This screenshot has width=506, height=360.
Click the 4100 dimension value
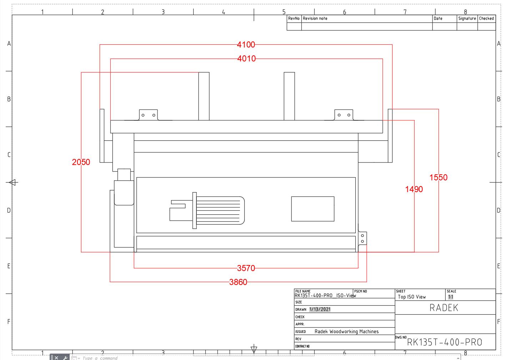coord(246,45)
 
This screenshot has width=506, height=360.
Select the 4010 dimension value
coord(246,59)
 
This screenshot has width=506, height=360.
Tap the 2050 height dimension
coord(81,162)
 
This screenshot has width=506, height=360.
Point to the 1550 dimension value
coord(438,177)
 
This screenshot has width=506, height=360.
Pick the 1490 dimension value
coord(414,189)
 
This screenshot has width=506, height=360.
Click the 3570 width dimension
coord(246,268)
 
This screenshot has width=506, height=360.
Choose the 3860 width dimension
coord(238,282)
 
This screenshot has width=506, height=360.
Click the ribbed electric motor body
coord(220,210)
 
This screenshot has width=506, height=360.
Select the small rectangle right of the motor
coord(313,209)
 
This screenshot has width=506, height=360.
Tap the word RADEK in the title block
coord(444,308)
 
